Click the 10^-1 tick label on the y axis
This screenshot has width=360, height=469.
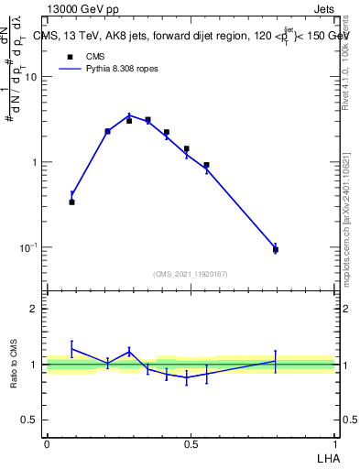[x=28, y=247]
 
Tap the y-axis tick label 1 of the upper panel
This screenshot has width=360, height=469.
[x=35, y=162]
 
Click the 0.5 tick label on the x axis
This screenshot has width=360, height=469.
[x=191, y=444]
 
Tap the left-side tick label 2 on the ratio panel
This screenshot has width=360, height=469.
[x=35, y=309]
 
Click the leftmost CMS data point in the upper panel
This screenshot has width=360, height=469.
[x=72, y=202]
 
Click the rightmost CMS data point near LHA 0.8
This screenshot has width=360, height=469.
[x=276, y=249]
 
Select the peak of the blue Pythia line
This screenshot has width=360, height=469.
[x=129, y=115]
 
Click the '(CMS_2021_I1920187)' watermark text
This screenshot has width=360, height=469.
[x=191, y=273]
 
